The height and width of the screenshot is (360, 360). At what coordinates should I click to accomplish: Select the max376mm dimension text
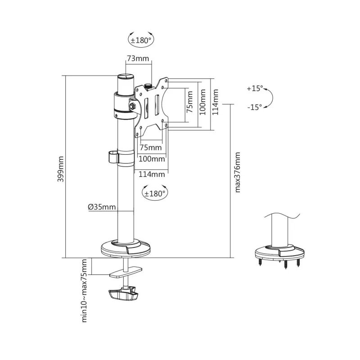(238, 172)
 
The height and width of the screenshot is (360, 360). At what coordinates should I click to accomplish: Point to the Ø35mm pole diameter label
(102, 207)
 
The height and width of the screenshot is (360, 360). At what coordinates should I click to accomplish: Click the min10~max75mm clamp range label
(84, 291)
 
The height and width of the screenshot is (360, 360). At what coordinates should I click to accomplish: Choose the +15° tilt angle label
(254, 89)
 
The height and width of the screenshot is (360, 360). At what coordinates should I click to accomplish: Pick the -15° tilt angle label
(254, 107)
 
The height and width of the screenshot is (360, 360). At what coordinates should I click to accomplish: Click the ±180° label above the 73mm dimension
(141, 40)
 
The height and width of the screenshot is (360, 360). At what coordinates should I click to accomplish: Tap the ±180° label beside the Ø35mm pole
(155, 193)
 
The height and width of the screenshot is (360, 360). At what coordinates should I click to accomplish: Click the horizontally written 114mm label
(151, 174)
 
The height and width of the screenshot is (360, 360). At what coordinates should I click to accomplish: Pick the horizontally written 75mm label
(150, 148)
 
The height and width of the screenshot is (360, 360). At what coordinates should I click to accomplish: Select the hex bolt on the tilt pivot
(133, 106)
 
